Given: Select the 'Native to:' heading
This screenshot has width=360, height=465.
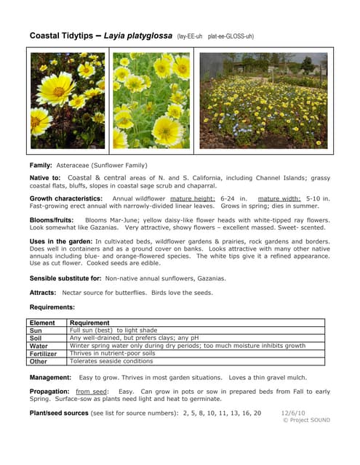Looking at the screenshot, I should pos(45,177).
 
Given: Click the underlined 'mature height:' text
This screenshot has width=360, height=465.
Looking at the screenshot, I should pos(193,198).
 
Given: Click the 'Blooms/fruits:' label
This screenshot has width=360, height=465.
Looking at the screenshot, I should pos(54,219).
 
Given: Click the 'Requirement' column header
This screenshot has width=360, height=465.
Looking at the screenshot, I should pos(89,322).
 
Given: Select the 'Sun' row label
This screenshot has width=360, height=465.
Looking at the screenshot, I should pos(35,330).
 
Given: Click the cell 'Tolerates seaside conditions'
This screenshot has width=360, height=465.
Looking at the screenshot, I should pos(111,362).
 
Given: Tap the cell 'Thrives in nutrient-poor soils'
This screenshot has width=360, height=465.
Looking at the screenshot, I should pos(112,354).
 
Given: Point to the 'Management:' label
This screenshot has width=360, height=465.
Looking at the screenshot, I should pos(49,378).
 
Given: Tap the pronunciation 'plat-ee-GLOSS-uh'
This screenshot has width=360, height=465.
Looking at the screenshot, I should pos(231,36).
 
